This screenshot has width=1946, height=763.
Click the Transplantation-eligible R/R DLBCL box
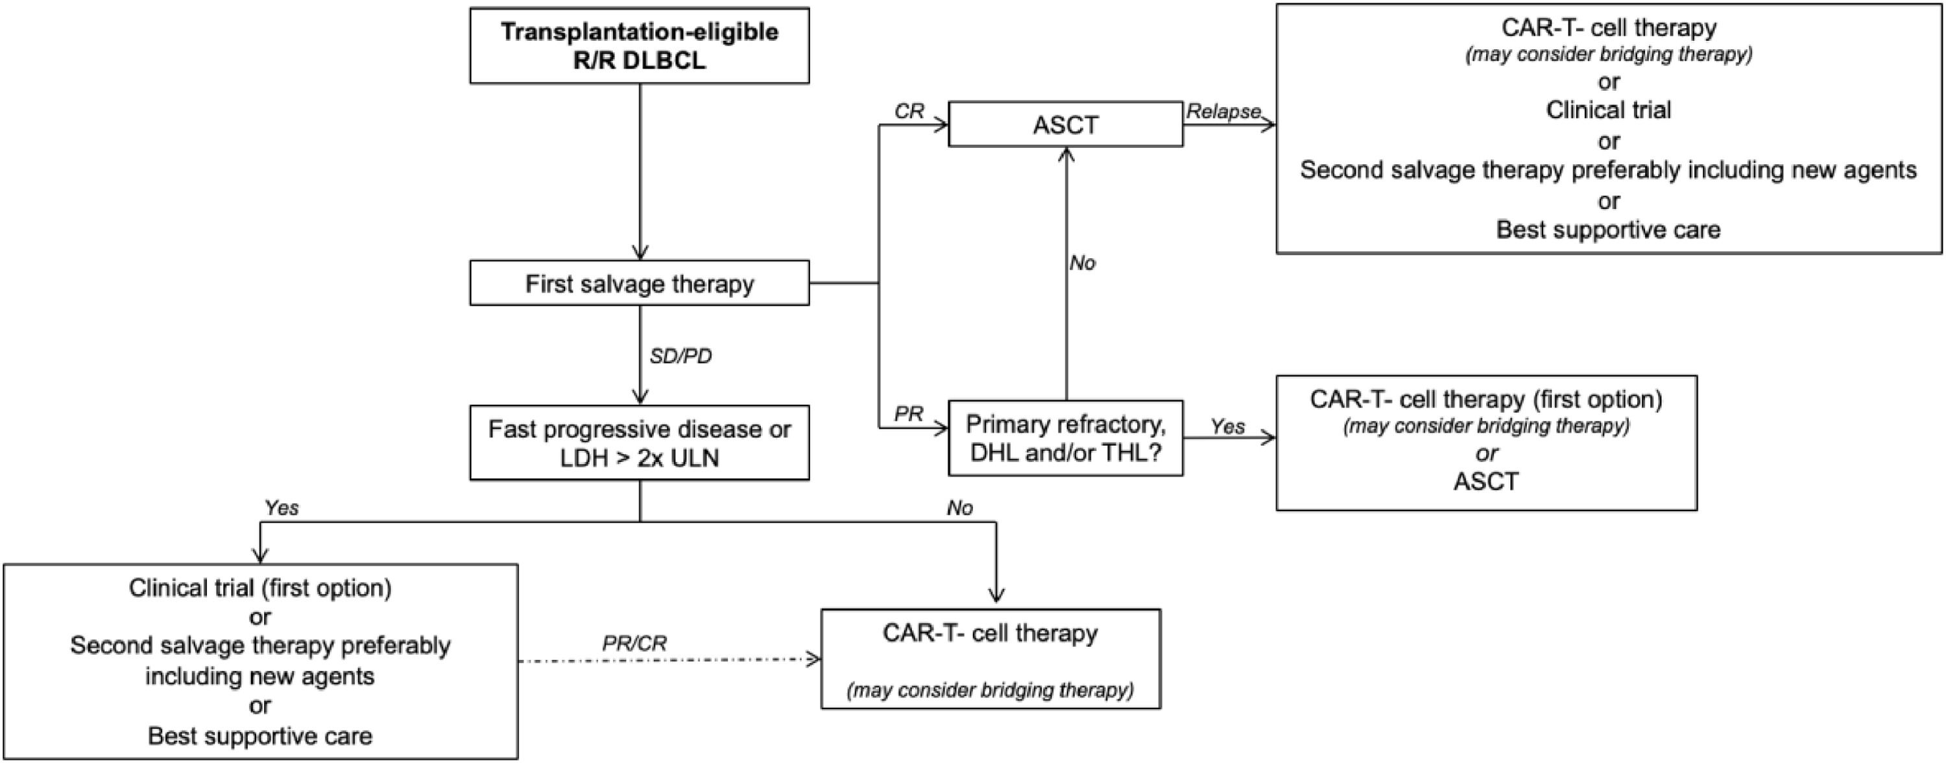pyautogui.click(x=639, y=45)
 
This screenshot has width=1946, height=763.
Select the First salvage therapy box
pyautogui.click(x=639, y=284)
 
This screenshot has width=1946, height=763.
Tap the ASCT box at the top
pyautogui.click(x=1065, y=125)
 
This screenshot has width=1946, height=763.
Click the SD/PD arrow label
pyautogui.click(x=680, y=356)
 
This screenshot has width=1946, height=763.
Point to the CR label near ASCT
pyautogui.click(x=909, y=111)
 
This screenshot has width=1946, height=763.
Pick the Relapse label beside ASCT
pyautogui.click(x=1223, y=111)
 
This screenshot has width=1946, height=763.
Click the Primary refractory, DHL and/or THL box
pyautogui.click(x=1065, y=438)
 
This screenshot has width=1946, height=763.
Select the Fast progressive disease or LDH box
pyautogui.click(x=639, y=442)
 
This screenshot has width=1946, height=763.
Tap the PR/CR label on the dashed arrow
pyautogui.click(x=634, y=643)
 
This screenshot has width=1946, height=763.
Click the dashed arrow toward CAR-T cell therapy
pyautogui.click(x=669, y=660)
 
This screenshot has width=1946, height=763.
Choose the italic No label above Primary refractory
pyautogui.click(x=1082, y=263)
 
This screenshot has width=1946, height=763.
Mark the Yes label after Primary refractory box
pyautogui.click(x=1227, y=427)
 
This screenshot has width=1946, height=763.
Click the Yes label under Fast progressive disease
pyautogui.click(x=281, y=507)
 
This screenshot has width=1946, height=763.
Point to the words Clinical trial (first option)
pyautogui.click(x=260, y=588)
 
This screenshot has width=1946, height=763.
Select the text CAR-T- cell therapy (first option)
pyautogui.click(x=1486, y=399)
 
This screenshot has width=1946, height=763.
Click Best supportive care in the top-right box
pyautogui.click(x=1607, y=230)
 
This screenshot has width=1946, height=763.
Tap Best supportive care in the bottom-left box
pyautogui.click(x=260, y=736)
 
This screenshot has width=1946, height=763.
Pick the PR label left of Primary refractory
pyautogui.click(x=908, y=414)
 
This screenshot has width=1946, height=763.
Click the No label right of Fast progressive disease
pyautogui.click(x=959, y=507)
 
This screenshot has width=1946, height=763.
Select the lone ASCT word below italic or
pyautogui.click(x=1485, y=481)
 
